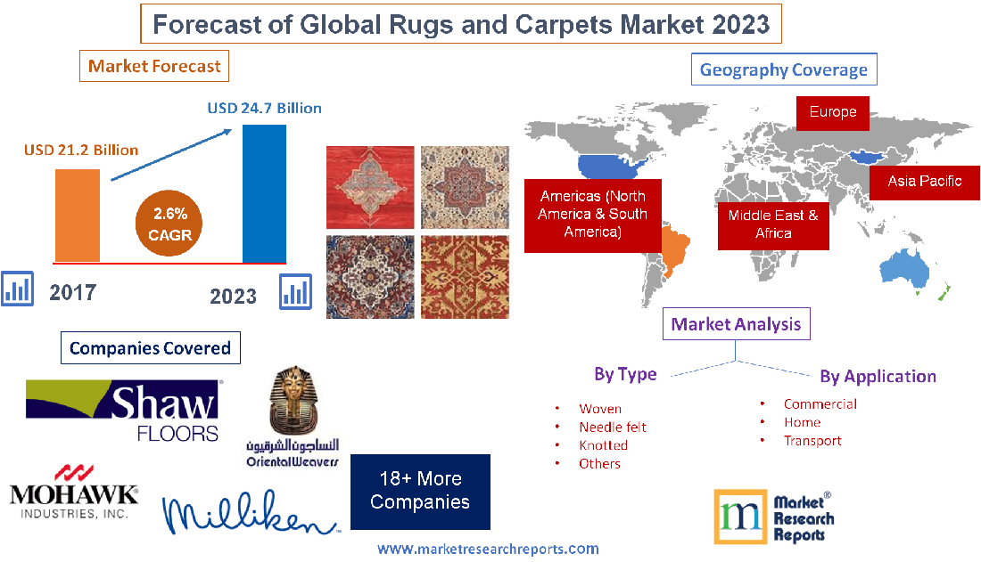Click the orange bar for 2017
click(77, 215)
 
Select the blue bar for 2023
click(264, 193)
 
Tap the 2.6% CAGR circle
click(170, 224)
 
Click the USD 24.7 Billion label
click(265, 108)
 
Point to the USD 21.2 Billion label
click(81, 150)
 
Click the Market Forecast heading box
click(155, 66)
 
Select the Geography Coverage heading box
click(783, 69)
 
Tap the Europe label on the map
click(833, 112)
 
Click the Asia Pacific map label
click(924, 181)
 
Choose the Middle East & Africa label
click(773, 224)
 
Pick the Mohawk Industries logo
click(74, 492)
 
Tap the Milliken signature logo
click(251, 513)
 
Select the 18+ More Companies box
click(420, 491)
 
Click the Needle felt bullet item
click(612, 427)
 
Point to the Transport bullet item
click(812, 440)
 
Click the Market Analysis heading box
click(736, 324)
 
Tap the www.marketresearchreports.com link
click(488, 549)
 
